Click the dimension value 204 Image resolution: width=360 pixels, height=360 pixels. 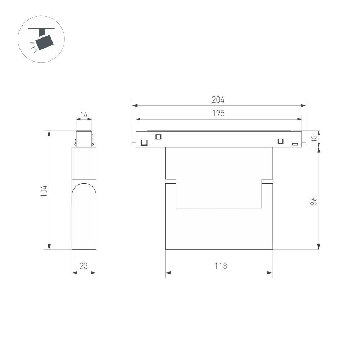click(218, 100)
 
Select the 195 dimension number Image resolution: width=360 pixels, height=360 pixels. click(218, 113)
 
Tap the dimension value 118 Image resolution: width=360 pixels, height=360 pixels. click(221, 266)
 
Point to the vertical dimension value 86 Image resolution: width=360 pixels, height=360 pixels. click(314, 201)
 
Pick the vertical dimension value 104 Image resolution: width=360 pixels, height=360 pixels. click(44, 191)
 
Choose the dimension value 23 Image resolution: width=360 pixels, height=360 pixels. click(84, 266)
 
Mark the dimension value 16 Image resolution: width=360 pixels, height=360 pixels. click(84, 115)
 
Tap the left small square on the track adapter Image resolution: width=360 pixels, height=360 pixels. click(158, 136)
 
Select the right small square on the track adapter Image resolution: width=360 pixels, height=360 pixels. click(280, 141)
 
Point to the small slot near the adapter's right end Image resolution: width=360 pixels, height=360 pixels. click(295, 144)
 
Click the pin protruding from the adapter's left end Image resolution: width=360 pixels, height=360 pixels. click(134, 144)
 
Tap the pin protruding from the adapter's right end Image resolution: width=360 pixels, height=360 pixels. click(304, 144)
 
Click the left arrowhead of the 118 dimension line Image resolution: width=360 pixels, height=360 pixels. click(168, 273)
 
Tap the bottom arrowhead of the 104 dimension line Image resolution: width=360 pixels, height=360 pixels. click(49, 247)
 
